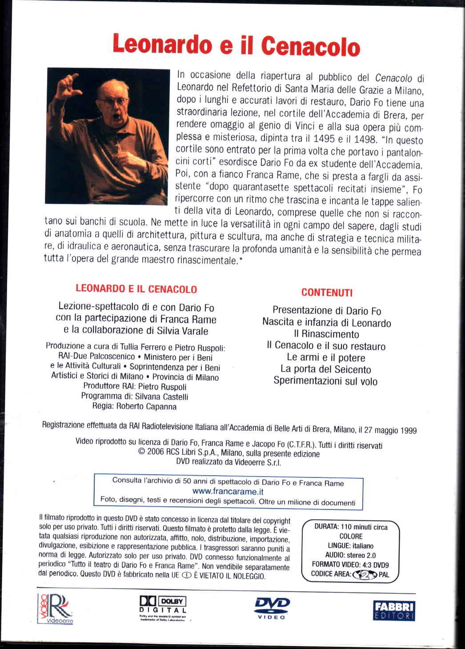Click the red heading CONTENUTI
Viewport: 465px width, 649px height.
(327, 292)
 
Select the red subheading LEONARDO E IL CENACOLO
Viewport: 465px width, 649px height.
(136, 289)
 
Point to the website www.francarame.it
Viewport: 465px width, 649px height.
(229, 492)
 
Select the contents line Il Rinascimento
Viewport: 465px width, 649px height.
(326, 334)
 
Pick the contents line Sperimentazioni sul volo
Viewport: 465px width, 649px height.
(325, 381)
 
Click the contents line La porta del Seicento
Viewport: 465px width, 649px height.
(326, 369)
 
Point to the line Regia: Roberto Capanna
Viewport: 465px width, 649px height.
(134, 406)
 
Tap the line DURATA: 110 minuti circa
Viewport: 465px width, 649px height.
(351, 527)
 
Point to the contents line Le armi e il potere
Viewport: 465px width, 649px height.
(326, 357)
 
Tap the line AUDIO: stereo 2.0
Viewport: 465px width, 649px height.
(351, 555)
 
